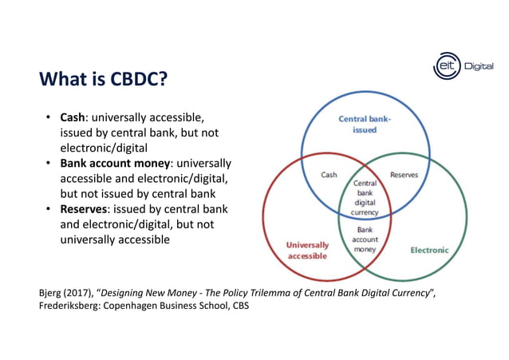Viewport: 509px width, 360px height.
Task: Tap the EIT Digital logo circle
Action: pos(447,66)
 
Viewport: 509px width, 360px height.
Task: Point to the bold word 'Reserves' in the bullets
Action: pos(86,209)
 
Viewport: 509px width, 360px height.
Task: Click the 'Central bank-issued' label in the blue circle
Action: pos(365,125)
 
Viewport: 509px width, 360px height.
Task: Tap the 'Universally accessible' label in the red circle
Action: pos(307,250)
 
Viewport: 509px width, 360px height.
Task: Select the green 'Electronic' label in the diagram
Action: pos(429,250)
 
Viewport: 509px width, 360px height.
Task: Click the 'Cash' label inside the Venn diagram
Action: pos(329,175)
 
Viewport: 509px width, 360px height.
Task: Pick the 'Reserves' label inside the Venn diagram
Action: pos(404,175)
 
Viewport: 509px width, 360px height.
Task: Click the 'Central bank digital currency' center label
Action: pos(365,197)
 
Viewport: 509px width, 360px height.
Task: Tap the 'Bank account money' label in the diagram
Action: pos(365,239)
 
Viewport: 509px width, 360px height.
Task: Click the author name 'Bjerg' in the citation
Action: pos(52,292)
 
